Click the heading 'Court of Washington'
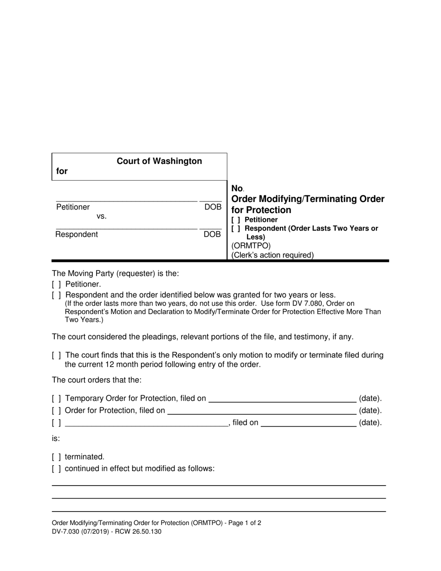159,161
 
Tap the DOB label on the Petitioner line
213,207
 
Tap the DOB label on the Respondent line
213,234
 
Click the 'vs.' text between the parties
102,216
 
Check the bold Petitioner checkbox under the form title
236,220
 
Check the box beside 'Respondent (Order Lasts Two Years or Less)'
236,229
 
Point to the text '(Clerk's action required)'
272,255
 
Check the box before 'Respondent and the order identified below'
57,295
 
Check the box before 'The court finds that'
57,356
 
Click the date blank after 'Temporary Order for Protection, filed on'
282,398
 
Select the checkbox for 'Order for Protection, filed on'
57,411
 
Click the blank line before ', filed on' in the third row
146,423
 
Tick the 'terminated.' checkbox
57,457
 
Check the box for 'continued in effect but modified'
57,469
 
